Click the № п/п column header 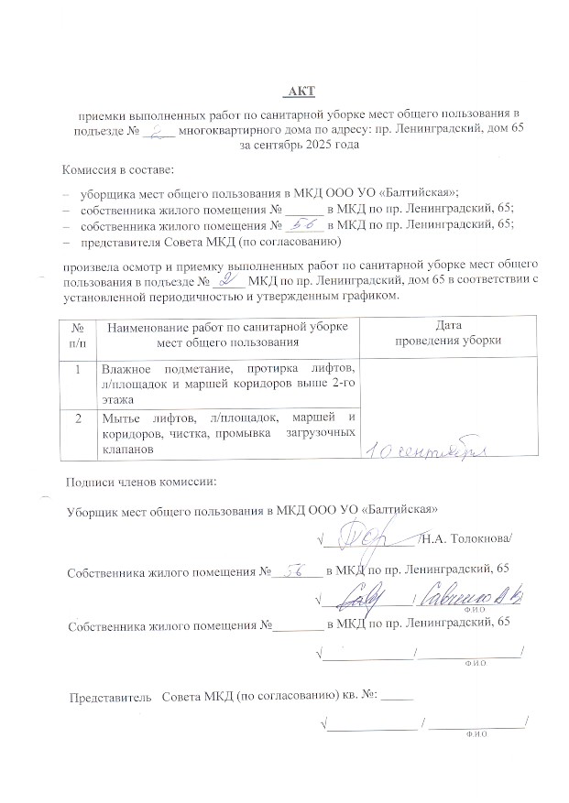[x=78, y=333]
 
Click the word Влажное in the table [x=127, y=368]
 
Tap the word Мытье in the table [x=123, y=418]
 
